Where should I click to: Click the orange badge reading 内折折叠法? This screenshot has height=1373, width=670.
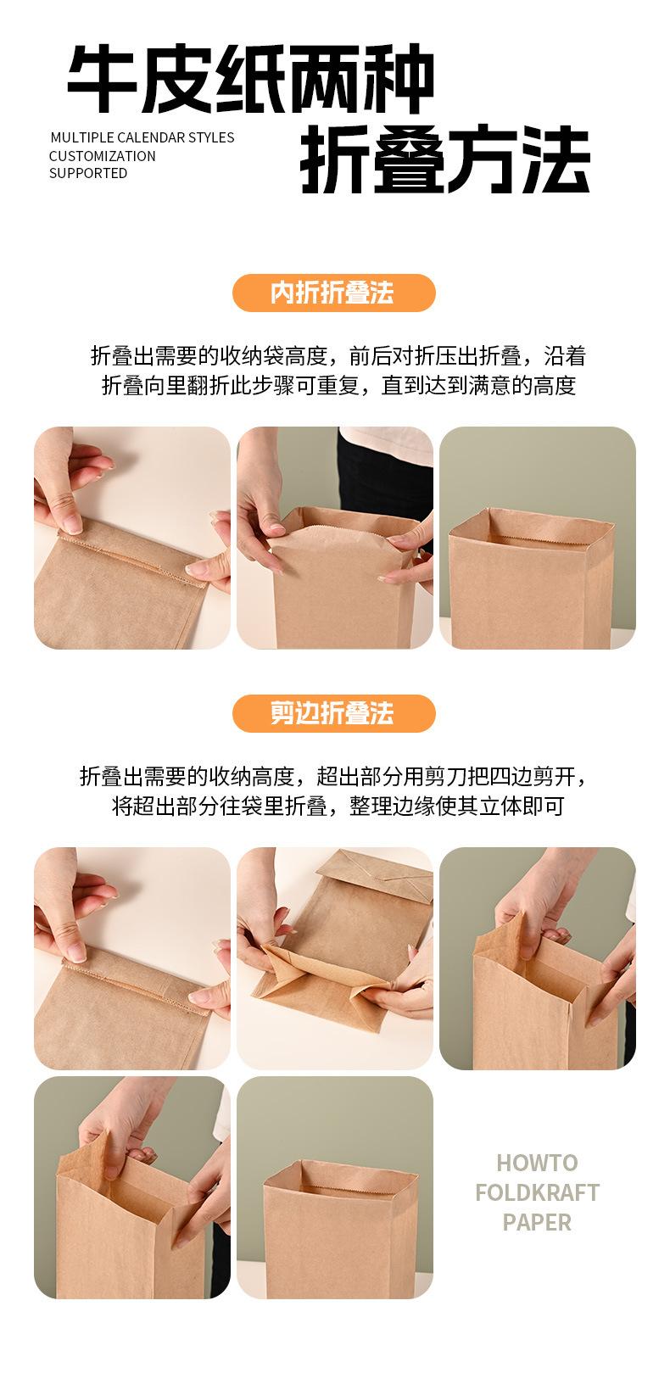[334, 293]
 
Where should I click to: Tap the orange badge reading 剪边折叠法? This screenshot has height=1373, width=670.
[334, 713]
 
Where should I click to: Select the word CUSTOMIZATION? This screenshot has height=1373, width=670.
[103, 156]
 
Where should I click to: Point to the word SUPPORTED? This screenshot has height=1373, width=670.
[88, 174]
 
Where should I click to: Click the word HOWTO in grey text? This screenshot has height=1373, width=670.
[537, 1162]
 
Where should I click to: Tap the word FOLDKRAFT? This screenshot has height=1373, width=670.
[537, 1192]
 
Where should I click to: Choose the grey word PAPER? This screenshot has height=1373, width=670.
[537, 1222]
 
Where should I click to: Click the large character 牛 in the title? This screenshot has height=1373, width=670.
[102, 79]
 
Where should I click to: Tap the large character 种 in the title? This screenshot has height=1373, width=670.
[399, 79]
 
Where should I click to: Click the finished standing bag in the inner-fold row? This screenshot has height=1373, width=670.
[531, 578]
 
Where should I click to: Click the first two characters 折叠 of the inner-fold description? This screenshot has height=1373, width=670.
[112, 355]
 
